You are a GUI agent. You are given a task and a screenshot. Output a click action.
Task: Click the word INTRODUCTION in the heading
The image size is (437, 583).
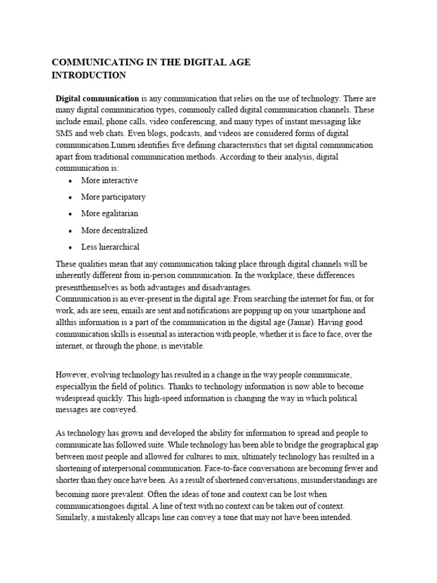[89, 75]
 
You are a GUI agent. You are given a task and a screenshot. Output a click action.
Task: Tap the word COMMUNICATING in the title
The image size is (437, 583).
[91, 63]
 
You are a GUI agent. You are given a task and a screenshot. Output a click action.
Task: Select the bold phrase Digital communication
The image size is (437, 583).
[97, 98]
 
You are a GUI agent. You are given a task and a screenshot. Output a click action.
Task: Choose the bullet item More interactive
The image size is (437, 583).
[109, 180]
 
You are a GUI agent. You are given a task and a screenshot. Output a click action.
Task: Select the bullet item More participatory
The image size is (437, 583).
[113, 197]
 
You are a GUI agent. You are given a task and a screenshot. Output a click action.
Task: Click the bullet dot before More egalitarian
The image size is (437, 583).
[69, 214]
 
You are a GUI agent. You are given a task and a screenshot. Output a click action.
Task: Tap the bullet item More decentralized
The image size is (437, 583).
[114, 231]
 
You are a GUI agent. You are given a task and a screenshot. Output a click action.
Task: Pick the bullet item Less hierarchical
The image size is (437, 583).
[110, 247]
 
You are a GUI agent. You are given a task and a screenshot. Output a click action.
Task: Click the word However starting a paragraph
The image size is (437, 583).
[73, 375]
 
